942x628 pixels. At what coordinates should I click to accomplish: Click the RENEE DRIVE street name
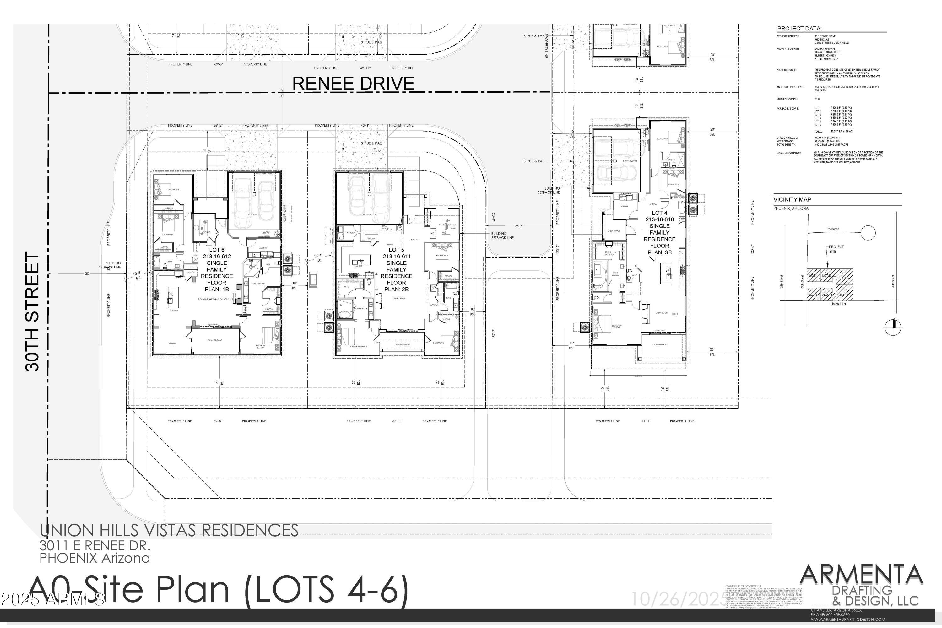[x=353, y=83]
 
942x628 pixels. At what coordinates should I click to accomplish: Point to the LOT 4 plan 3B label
[x=659, y=233]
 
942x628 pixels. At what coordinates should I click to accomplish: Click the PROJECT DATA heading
[x=799, y=29]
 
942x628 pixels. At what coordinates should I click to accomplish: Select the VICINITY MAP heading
[x=792, y=199]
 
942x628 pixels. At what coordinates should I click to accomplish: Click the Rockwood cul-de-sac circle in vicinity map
[x=868, y=232]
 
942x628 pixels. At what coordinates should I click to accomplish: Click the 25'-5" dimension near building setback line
[x=519, y=226]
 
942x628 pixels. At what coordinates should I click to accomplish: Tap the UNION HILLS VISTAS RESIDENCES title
[x=169, y=530]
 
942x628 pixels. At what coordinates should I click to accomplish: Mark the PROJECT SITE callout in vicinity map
[x=836, y=249]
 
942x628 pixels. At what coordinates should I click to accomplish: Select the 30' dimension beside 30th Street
[x=87, y=273]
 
